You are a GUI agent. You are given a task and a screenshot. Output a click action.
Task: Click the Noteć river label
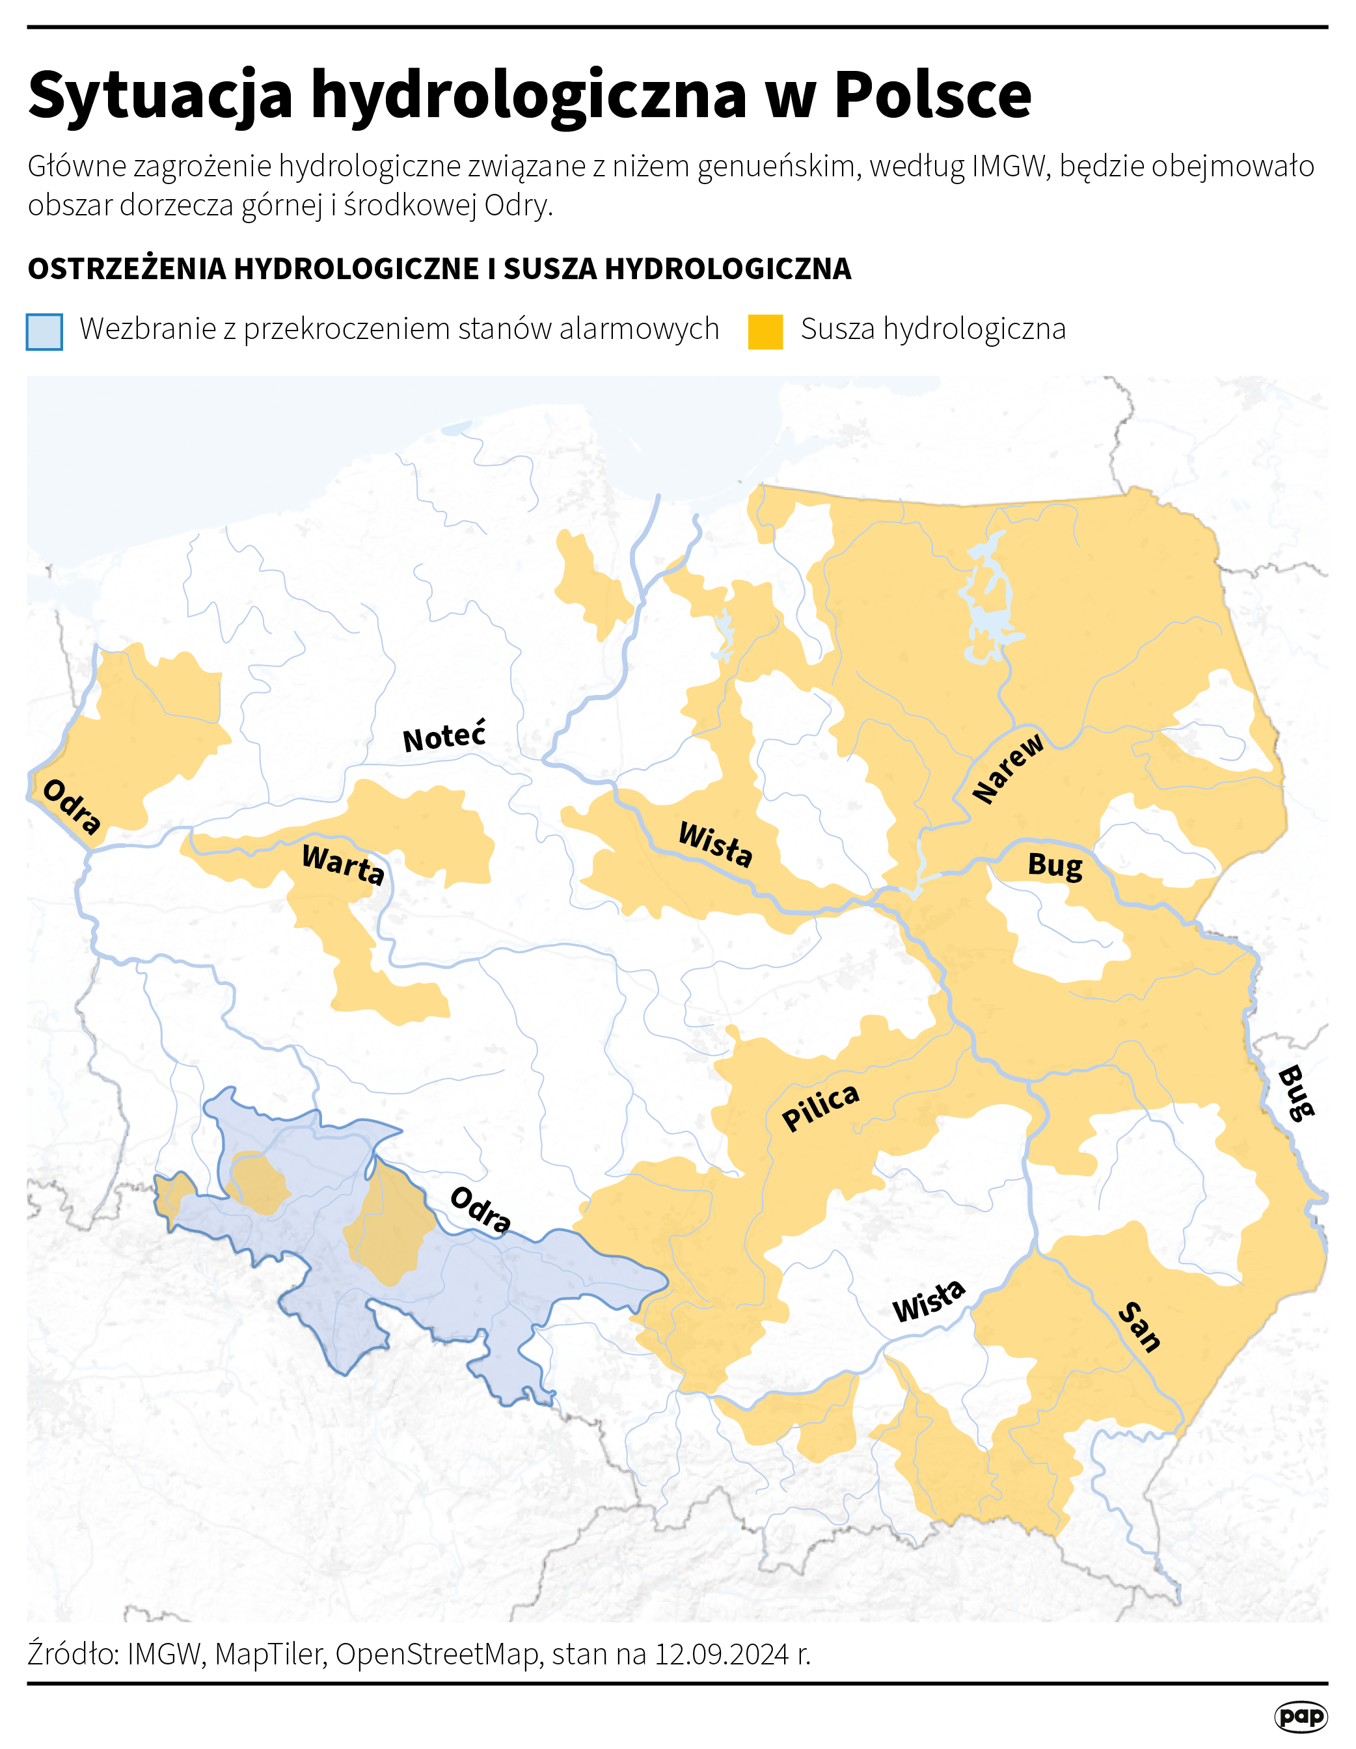click(x=444, y=736)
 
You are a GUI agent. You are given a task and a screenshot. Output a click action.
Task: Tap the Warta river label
click(x=343, y=864)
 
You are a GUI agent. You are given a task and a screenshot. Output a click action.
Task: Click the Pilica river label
click(x=820, y=1107)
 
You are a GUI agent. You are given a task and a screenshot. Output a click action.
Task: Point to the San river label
click(x=1139, y=1328)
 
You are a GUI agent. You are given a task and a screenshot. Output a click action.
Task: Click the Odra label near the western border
click(x=72, y=806)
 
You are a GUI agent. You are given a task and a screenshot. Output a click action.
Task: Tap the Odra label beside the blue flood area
click(x=480, y=1211)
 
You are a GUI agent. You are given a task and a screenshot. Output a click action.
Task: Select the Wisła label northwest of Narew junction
click(x=715, y=844)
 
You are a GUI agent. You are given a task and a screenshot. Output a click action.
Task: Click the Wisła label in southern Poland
click(x=929, y=1301)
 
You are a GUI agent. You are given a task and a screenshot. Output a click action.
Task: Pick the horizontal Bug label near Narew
click(x=1055, y=865)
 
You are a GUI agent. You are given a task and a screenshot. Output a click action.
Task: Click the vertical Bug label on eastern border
click(x=1295, y=1093)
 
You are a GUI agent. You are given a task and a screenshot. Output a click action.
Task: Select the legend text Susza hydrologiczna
click(x=933, y=329)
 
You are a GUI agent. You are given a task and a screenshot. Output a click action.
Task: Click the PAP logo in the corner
click(x=1300, y=1716)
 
